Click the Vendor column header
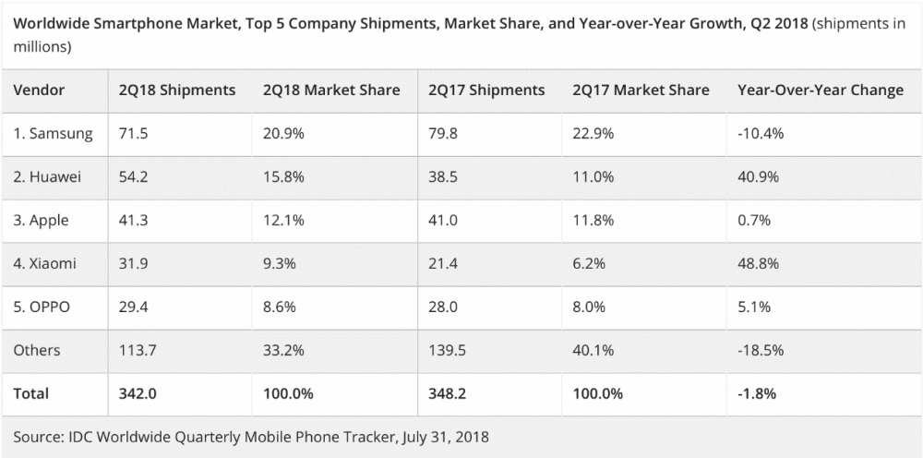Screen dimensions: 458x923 (x=38, y=90)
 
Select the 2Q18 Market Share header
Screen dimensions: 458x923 (x=331, y=90)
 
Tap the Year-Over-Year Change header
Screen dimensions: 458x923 (x=821, y=90)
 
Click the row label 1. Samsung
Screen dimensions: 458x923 (x=53, y=134)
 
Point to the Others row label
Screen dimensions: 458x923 (x=37, y=350)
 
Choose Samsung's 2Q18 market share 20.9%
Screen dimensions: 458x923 (x=282, y=134)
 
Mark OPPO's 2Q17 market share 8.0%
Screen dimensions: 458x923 (x=588, y=307)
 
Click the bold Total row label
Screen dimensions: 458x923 (x=31, y=393)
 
